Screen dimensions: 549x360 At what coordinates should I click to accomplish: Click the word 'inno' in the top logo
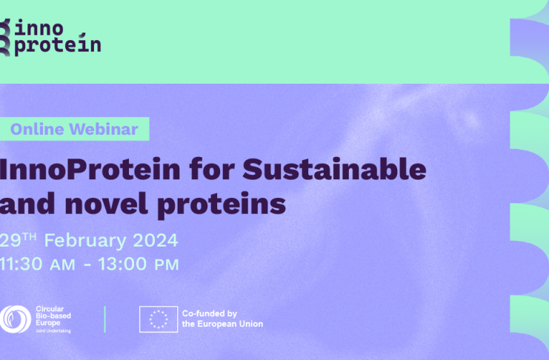pos(39,27)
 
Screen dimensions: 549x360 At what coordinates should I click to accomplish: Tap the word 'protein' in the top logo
pos(58,44)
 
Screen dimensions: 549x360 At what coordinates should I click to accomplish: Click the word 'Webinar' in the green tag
pos(104,129)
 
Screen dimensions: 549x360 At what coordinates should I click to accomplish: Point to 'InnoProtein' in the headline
pos(90,170)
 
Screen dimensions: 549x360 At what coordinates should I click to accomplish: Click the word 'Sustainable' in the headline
pos(334,169)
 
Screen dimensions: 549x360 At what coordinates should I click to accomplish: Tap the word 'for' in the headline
pos(211,169)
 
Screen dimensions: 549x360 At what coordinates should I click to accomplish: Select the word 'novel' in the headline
pos(107,204)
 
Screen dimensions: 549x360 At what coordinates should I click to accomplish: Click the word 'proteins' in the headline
pos(222,205)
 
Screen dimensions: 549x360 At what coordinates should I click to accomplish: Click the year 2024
pos(156,241)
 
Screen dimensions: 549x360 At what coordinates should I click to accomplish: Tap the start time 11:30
pos(21,264)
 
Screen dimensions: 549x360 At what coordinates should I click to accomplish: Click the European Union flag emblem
pos(159,319)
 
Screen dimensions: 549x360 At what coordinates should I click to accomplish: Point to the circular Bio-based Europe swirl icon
pos(15,319)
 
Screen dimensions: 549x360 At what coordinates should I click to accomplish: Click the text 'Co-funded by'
pos(210,313)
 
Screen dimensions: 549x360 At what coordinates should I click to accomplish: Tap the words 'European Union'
pos(230,324)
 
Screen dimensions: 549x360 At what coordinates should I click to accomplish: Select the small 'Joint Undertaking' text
pos(53,331)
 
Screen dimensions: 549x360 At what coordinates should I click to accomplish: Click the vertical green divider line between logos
pos(104,319)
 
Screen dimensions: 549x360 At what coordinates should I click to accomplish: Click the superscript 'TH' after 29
pos(30,236)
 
